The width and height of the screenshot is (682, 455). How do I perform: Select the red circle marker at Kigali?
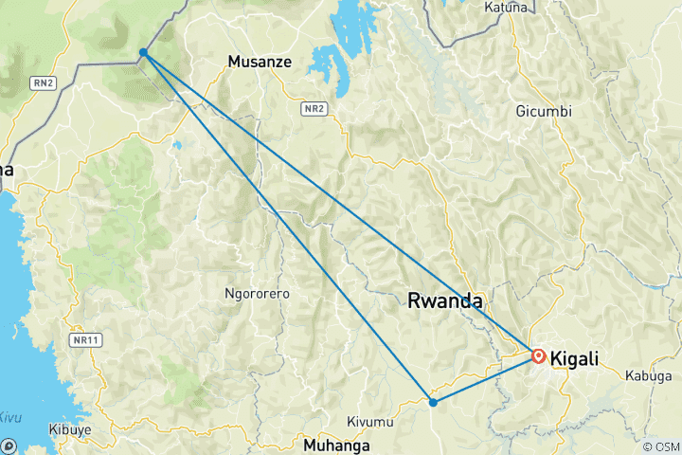(538, 356)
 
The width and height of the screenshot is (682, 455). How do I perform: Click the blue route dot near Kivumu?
(433, 402)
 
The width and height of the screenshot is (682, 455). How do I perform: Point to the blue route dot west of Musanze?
(142, 52)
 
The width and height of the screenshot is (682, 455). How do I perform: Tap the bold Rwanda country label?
(444, 301)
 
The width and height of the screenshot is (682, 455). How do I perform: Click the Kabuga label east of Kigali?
(648, 375)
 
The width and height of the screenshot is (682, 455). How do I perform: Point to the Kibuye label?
(70, 429)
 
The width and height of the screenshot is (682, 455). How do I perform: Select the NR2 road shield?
(315, 109)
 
